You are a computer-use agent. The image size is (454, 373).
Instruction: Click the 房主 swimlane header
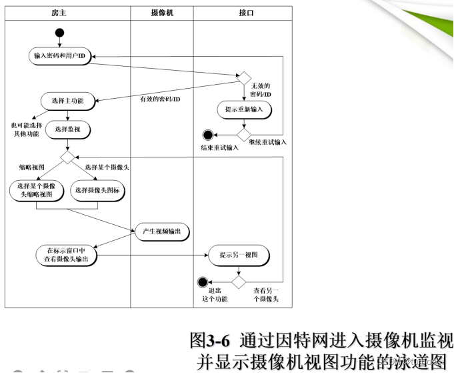[x=60, y=13]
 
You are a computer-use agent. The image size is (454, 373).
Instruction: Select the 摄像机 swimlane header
[x=162, y=13]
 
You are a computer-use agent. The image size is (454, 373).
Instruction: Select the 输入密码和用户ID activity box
[x=60, y=56]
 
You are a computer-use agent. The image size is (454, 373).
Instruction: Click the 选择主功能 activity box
[x=67, y=101]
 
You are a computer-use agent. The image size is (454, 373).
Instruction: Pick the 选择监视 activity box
[x=67, y=129]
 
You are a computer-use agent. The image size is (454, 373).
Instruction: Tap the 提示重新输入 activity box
[x=244, y=109]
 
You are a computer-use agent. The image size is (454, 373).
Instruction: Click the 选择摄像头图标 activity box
[x=99, y=190]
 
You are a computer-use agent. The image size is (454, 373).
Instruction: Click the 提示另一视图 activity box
[x=239, y=254]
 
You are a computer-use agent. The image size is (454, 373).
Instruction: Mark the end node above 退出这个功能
[x=203, y=282]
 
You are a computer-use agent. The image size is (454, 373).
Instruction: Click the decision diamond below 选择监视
[x=67, y=157]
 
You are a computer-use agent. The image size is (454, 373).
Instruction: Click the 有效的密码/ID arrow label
[x=159, y=99]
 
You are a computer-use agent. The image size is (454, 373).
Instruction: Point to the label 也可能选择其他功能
[x=25, y=129]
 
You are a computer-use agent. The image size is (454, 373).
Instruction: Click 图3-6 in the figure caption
[x=209, y=340]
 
